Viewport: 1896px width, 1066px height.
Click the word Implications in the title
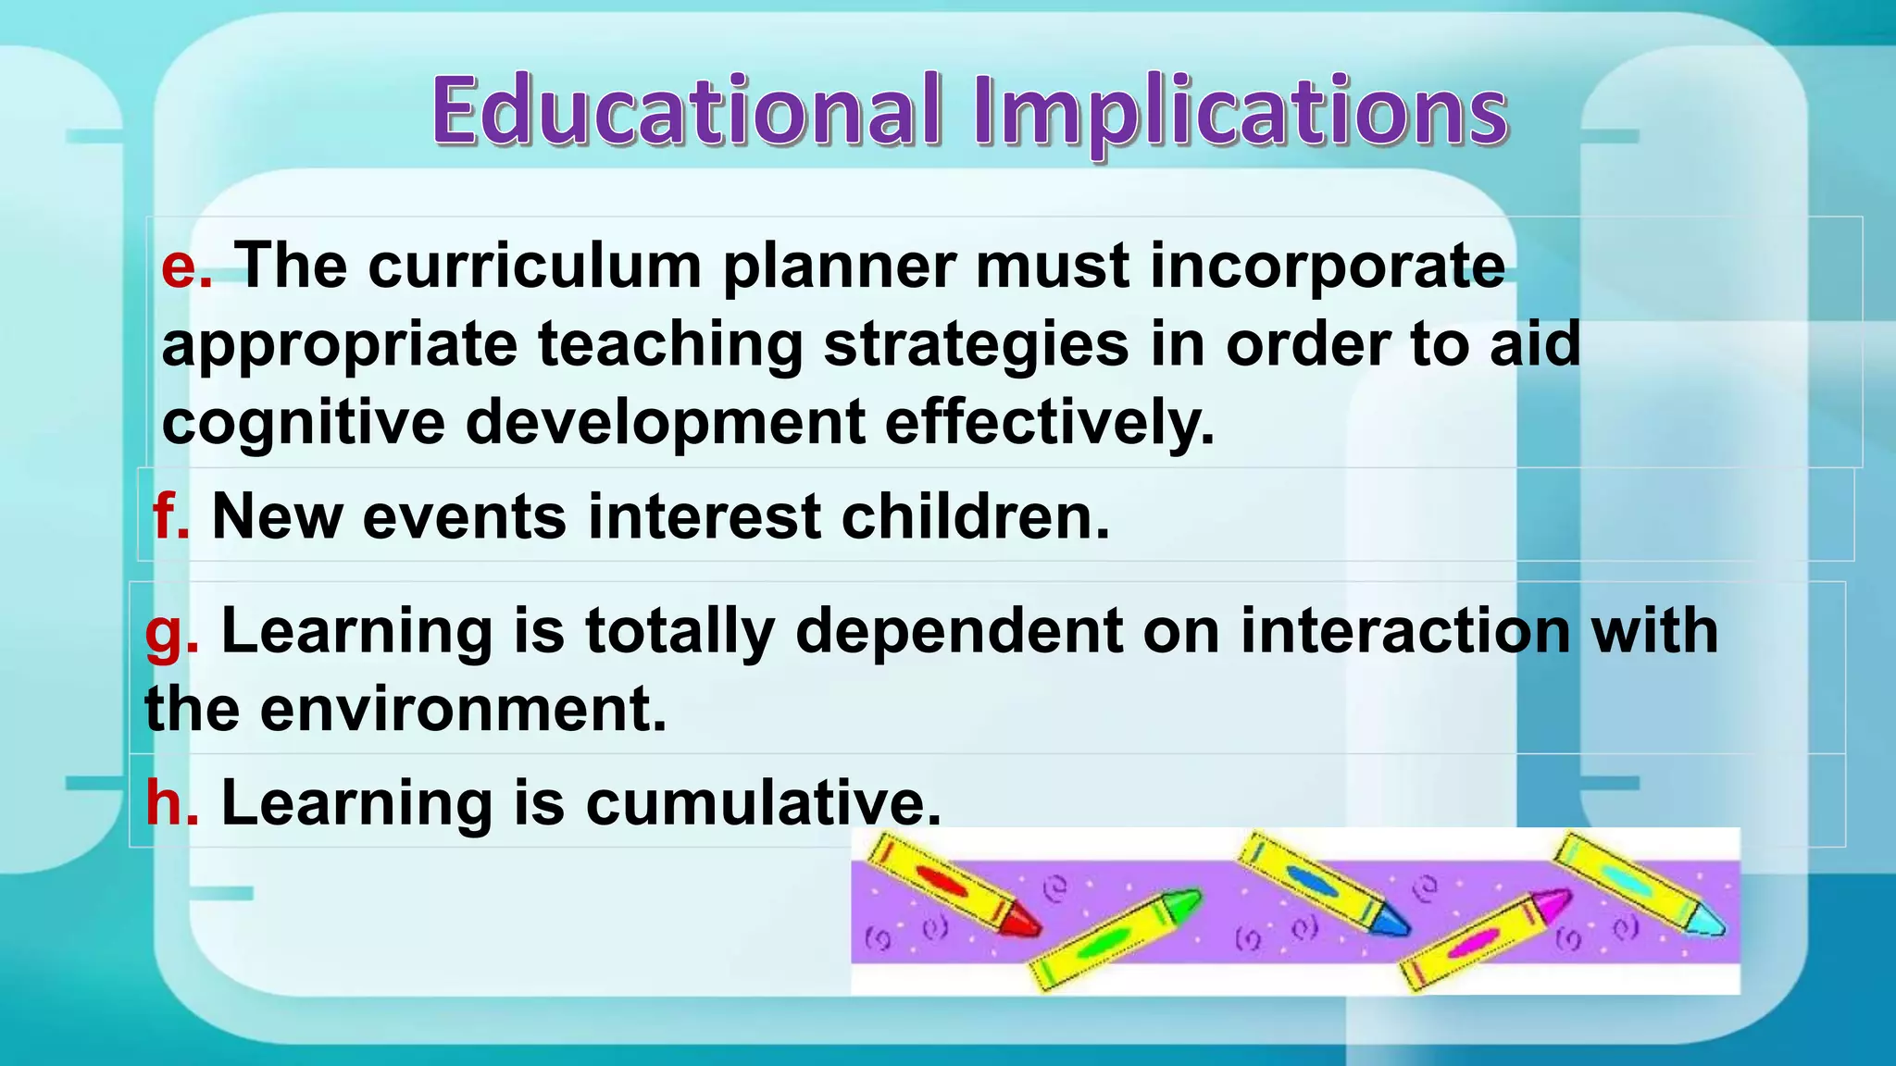point(1241,113)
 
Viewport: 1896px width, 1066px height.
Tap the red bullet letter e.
point(185,266)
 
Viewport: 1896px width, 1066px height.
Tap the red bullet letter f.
point(170,516)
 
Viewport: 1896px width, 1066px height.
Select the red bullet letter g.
point(170,633)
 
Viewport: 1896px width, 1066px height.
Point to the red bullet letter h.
point(170,801)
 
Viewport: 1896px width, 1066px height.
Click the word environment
point(463,711)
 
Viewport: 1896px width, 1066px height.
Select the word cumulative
point(763,801)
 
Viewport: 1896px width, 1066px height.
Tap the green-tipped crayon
point(1116,938)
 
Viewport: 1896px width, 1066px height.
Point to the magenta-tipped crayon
point(1486,938)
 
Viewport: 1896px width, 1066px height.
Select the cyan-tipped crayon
point(1639,883)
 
